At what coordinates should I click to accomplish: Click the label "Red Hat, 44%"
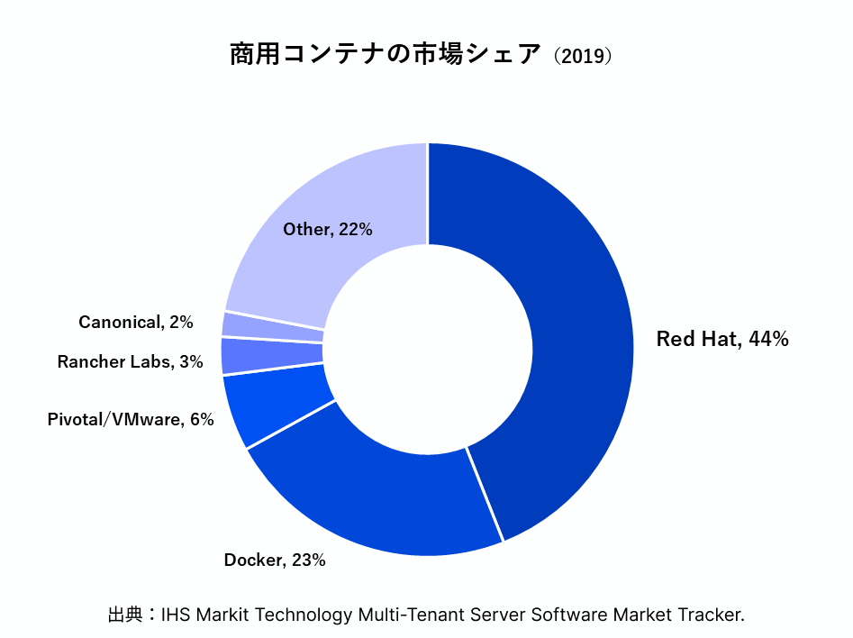point(722,340)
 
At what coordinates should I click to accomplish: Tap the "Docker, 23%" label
point(275,561)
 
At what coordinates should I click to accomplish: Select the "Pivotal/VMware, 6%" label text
point(131,419)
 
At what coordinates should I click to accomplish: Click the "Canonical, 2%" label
point(136,322)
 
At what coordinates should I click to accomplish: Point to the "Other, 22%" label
point(328,230)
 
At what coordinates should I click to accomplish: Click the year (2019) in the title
point(583,56)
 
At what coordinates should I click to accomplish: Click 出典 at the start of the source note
point(125,615)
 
